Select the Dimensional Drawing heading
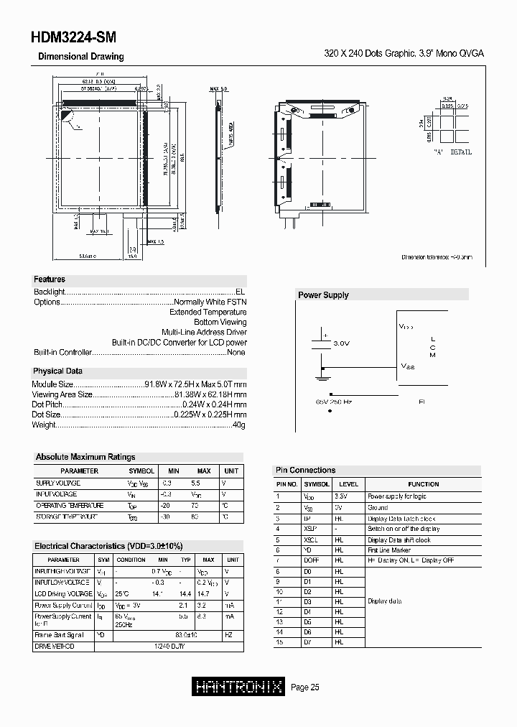(x=80, y=57)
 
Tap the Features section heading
(x=50, y=279)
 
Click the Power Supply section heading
(x=323, y=295)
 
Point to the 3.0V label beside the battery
(x=342, y=344)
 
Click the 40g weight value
(x=239, y=425)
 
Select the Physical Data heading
(x=58, y=371)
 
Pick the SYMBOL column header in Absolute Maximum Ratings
(x=141, y=471)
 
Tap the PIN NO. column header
(x=287, y=485)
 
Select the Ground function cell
(x=378, y=507)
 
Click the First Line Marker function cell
(x=389, y=550)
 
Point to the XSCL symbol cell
(x=311, y=540)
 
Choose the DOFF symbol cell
(x=310, y=560)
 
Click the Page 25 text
(x=305, y=687)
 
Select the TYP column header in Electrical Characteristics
(x=186, y=560)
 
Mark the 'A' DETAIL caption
(x=452, y=153)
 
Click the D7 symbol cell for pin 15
(x=308, y=642)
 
